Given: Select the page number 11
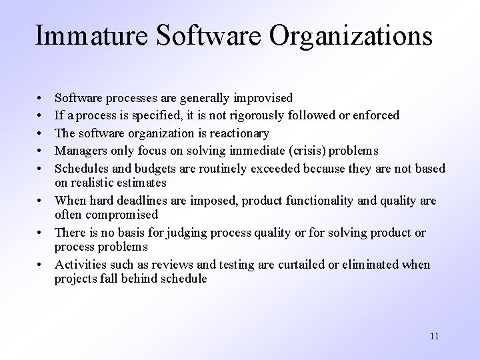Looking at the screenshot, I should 434,336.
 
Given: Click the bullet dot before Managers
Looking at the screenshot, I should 42,149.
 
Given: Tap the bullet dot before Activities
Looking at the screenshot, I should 42,265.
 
